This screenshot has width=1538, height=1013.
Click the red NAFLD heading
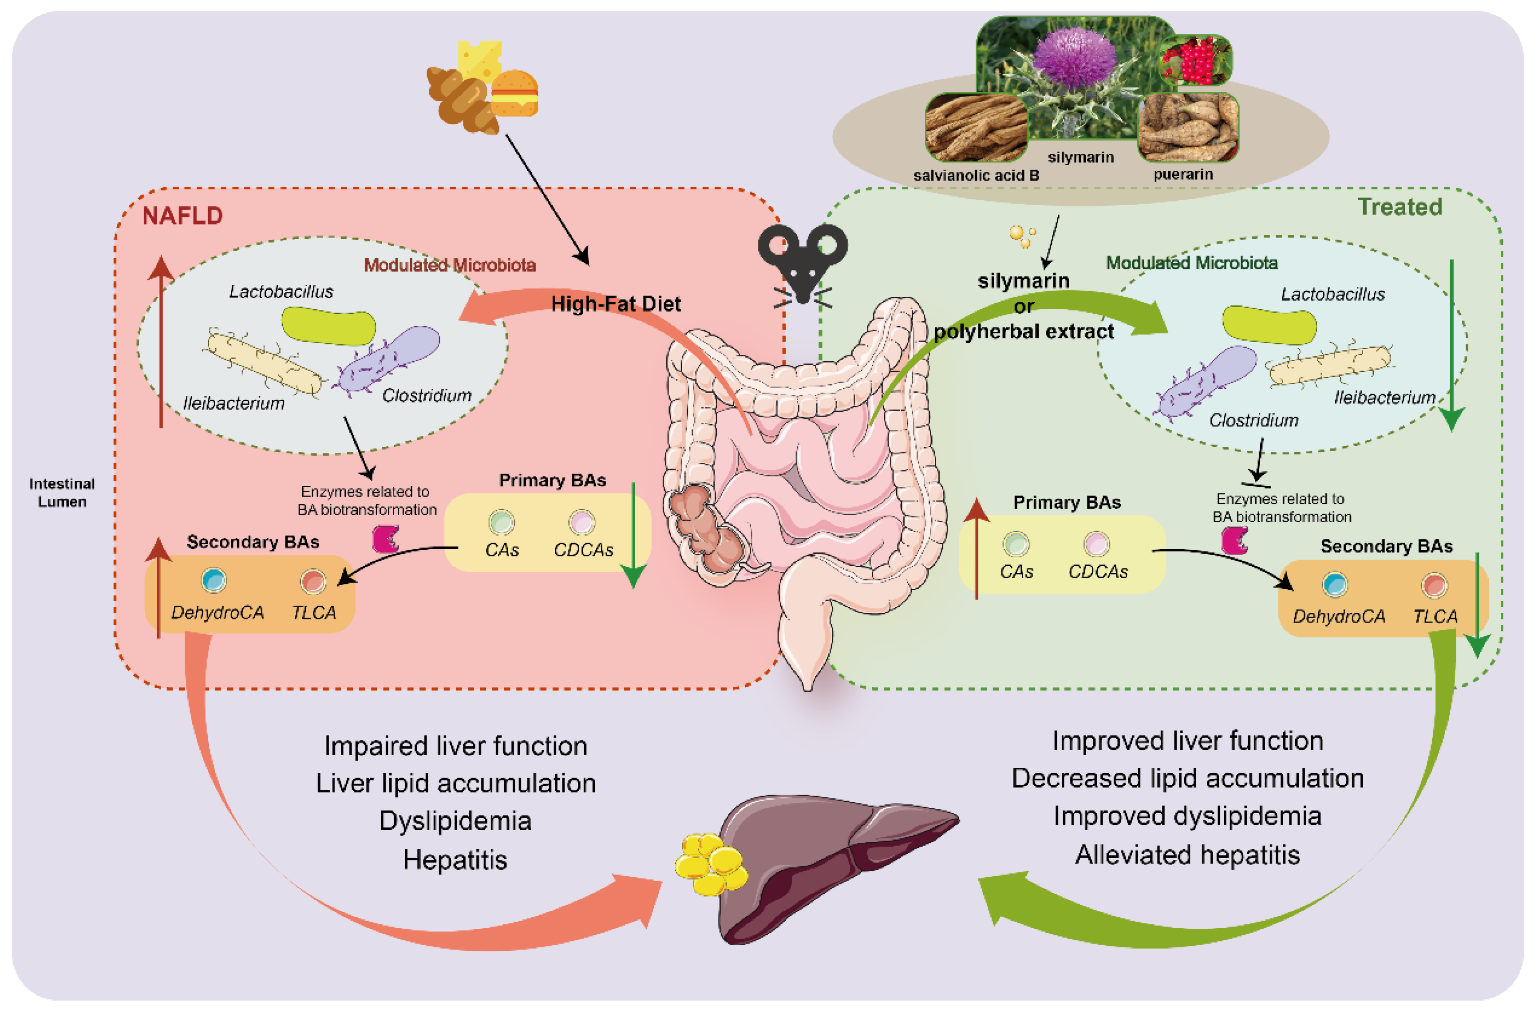point(182,216)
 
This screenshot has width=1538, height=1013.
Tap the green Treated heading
point(1400,207)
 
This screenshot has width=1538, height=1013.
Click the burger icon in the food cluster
point(514,94)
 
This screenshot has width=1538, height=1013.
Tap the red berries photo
point(1195,60)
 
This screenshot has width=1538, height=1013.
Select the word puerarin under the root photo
point(1183,174)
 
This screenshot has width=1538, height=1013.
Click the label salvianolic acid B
point(976,176)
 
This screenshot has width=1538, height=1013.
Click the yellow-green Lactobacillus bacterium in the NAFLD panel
point(328,326)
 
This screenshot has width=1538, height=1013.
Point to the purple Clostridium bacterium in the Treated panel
point(1206,379)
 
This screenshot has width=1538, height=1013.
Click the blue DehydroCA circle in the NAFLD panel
point(214,580)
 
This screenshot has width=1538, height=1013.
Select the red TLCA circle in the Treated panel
point(1434,585)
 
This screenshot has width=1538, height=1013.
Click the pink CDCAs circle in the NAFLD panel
point(581,522)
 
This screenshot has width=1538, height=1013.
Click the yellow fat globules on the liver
point(710,864)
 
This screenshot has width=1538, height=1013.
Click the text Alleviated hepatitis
point(1187,855)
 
